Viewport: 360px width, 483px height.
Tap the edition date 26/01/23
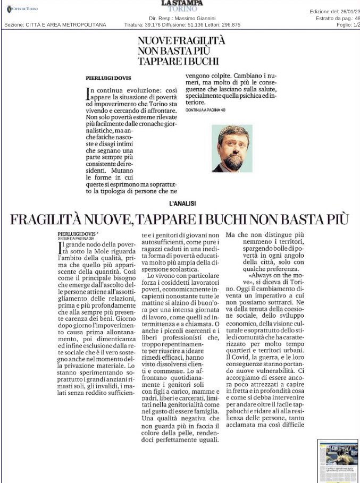[348, 11]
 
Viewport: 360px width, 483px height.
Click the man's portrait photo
[232, 148]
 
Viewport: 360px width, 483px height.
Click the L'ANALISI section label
[182, 203]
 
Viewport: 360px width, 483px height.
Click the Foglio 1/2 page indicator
[348, 24]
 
